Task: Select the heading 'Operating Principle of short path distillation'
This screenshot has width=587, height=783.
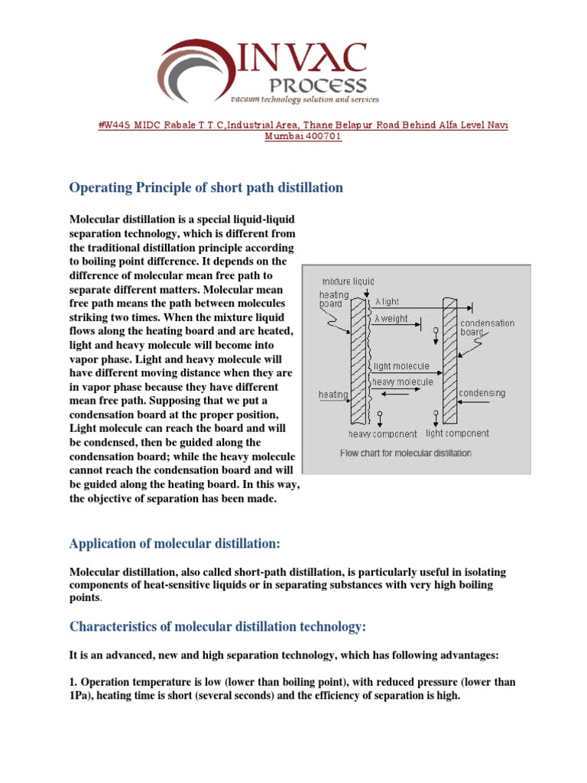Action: [x=206, y=187]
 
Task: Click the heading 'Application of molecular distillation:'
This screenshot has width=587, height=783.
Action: [x=175, y=544]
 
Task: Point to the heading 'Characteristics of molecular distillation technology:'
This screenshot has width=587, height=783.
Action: [x=218, y=626]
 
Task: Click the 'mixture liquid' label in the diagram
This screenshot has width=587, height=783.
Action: [x=348, y=281]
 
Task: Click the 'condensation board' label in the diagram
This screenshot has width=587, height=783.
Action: [x=487, y=328]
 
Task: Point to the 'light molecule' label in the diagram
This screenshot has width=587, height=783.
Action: [x=401, y=366]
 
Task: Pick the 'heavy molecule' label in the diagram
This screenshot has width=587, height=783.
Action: [x=402, y=381]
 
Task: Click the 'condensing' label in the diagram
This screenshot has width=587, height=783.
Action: [x=482, y=393]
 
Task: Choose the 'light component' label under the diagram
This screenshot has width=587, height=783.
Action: [x=457, y=433]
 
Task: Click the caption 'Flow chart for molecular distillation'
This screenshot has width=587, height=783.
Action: [x=405, y=453]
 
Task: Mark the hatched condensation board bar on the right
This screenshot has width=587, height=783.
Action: [x=449, y=359]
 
